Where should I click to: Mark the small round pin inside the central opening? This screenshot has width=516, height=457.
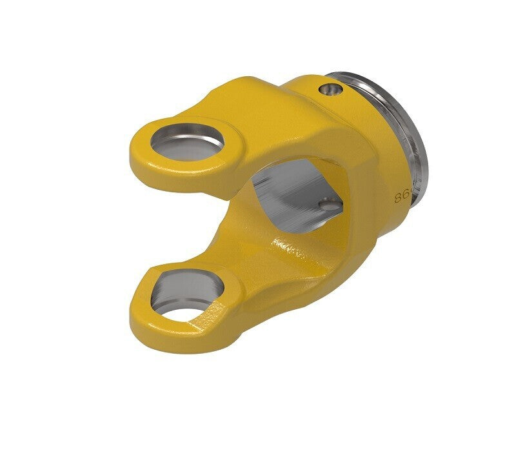329,205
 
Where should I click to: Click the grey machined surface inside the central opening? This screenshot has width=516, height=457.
290,194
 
